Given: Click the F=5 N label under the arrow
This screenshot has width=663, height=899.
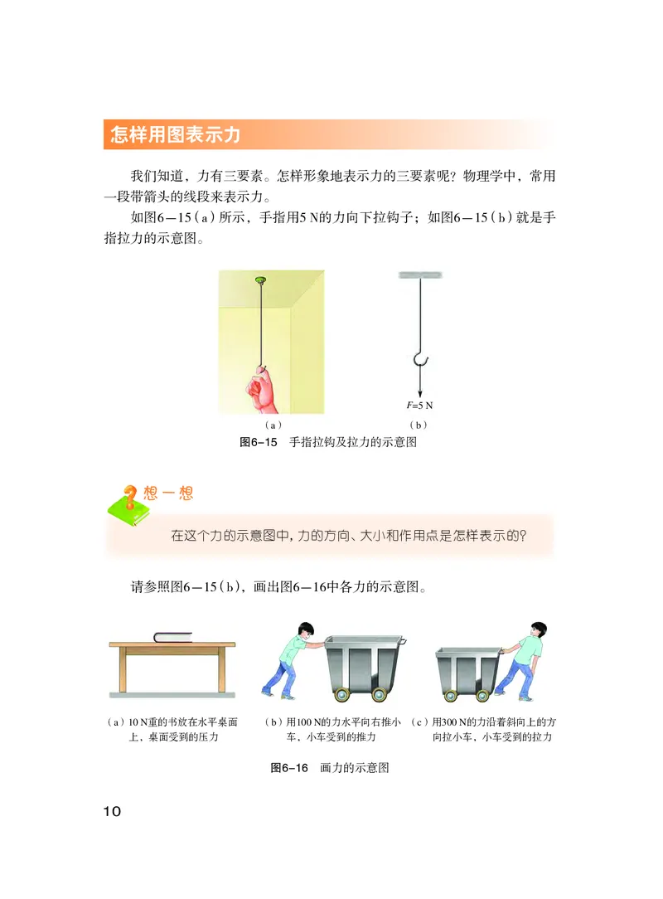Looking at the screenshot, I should point(420,406).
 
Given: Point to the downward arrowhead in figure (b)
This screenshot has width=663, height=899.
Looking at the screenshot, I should point(420,391).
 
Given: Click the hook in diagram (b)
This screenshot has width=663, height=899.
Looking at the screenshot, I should point(420,357).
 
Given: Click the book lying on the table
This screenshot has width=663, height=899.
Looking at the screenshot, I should point(172,637).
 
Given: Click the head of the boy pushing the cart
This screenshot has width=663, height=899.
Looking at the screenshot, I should point(304,632).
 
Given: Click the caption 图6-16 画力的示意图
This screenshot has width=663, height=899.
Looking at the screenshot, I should point(330,768).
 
